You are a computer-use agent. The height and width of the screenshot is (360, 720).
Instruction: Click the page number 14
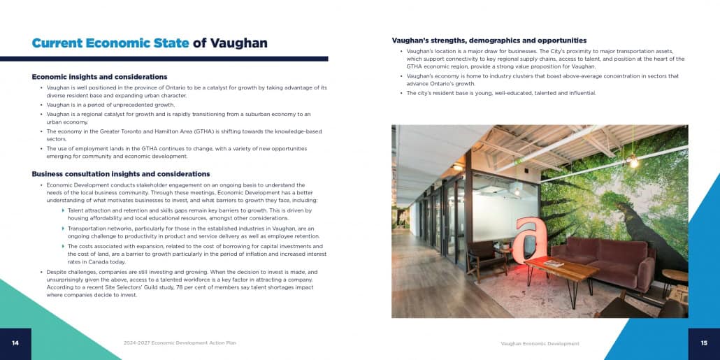[15, 343]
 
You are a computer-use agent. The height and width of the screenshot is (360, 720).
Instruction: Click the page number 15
[704, 343]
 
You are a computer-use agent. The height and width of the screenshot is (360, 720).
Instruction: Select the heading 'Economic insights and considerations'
[99, 77]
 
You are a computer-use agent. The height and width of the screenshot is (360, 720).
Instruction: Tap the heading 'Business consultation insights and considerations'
[121, 174]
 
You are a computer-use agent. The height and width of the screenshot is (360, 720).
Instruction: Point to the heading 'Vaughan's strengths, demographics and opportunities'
[489, 41]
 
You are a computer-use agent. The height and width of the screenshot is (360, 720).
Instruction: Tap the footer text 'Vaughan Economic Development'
[540, 343]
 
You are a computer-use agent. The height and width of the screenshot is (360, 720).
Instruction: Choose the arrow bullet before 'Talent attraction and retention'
[64, 210]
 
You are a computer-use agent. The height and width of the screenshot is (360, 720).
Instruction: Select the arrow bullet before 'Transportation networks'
[64, 229]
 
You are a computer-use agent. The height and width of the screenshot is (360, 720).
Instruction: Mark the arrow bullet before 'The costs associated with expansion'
[64, 246]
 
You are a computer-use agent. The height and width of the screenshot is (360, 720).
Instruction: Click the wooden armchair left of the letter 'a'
[482, 259]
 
